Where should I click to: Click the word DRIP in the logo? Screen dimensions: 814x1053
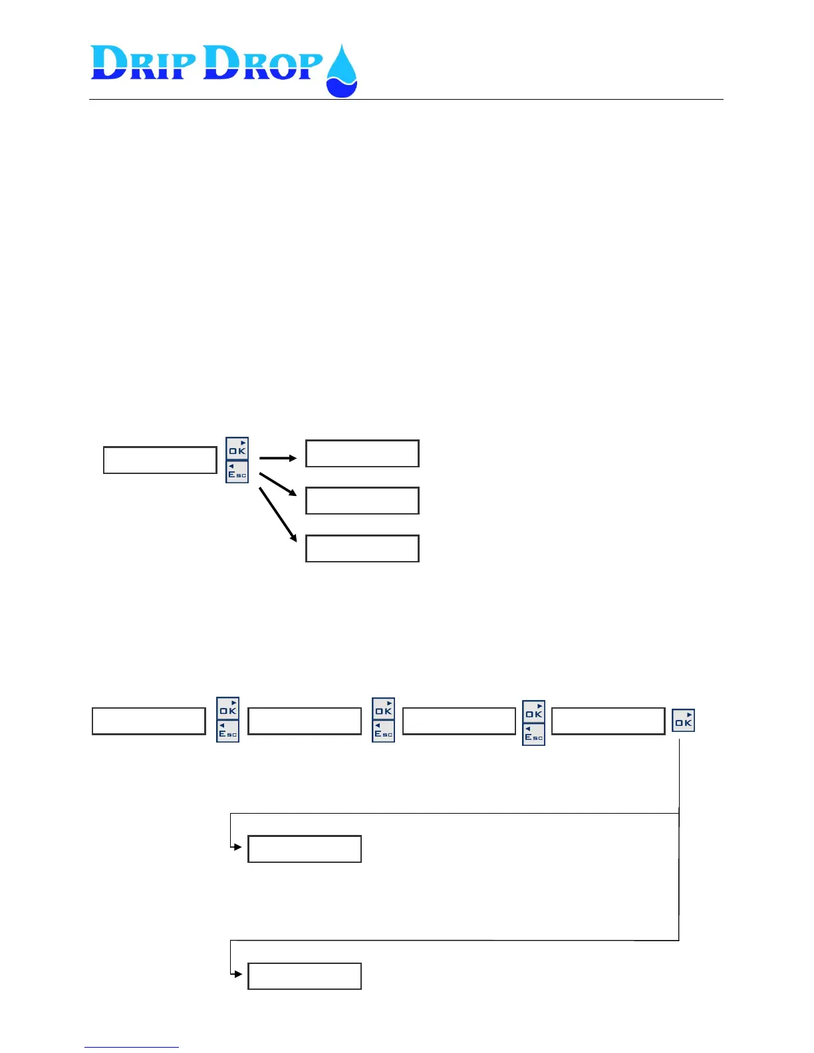[144, 64]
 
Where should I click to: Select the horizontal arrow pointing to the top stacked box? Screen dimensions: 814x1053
[277, 458]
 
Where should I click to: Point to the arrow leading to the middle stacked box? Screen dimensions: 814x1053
[277, 484]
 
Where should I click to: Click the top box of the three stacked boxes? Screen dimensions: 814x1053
[362, 453]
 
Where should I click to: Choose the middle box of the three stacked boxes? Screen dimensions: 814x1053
[362, 501]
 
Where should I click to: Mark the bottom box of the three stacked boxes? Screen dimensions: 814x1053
[362, 548]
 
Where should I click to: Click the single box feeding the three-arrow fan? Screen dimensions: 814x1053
[160, 460]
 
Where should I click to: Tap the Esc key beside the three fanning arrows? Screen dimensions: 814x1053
[237, 472]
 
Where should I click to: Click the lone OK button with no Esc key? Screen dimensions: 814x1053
[683, 721]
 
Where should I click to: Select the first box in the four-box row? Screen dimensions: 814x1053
[148, 721]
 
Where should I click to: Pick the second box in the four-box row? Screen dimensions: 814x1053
[304, 721]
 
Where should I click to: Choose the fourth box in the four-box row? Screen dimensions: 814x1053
[608, 721]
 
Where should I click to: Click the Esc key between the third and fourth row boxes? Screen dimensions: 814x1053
[533, 735]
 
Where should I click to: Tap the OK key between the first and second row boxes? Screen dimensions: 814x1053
[227, 708]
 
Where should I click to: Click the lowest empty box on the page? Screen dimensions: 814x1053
[304, 976]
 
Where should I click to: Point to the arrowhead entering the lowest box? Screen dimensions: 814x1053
[238, 974]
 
